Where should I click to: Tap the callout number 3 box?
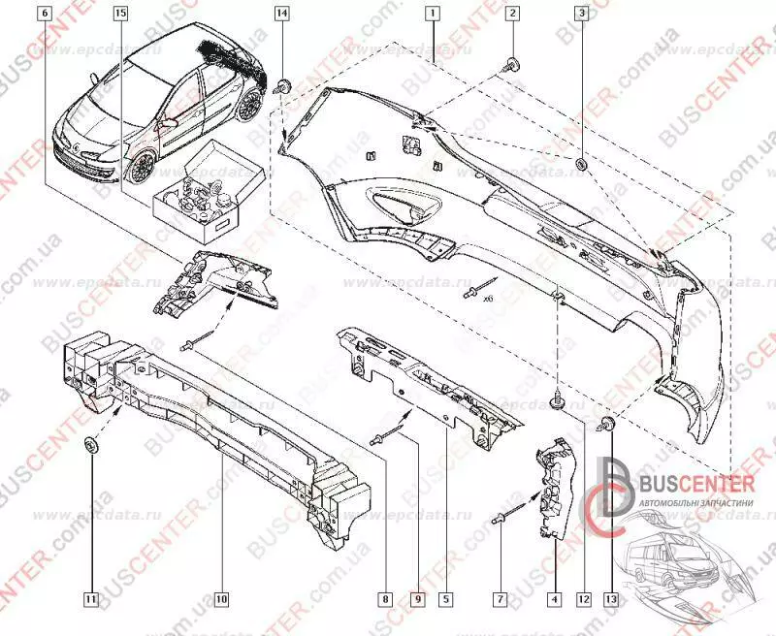pyautogui.click(x=581, y=15)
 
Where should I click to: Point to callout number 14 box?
pyautogui.click(x=281, y=15)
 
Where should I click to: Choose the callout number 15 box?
pyautogui.click(x=119, y=15)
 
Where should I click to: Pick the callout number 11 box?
pyautogui.click(x=89, y=600)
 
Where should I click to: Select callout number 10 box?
pyautogui.click(x=221, y=600)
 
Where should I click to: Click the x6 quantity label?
pyautogui.click(x=489, y=301)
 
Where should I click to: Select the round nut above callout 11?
pyautogui.click(x=89, y=447)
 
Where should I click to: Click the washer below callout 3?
pyautogui.click(x=581, y=165)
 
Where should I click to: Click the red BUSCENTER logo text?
pyautogui.click(x=685, y=482)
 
